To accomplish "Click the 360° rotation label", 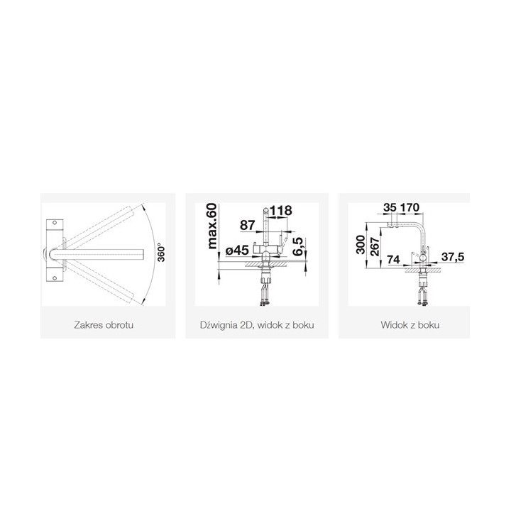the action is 161,253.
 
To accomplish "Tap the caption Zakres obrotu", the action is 104,325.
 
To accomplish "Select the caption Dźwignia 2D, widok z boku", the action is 257,325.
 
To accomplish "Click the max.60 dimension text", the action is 211,226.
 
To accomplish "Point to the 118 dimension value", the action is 280,211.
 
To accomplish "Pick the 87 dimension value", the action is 248,225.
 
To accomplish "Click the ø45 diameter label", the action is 237,251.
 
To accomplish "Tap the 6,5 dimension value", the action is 298,246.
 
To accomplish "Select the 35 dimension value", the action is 390,207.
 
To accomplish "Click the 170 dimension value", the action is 410,207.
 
